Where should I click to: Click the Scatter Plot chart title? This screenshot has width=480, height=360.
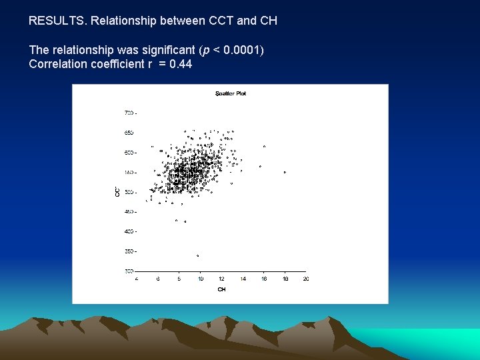pos(231,93)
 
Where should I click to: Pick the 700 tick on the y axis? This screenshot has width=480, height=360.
pos(129,113)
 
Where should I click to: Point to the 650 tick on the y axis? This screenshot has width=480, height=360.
pos(129,133)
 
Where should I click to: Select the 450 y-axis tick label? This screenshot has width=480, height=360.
pos(129,212)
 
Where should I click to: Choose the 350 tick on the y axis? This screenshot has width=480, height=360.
pos(129,251)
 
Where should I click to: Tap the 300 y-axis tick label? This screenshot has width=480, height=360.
pos(129,271)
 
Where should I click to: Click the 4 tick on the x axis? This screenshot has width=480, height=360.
pos(137,279)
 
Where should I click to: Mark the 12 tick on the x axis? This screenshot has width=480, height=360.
pos(221,279)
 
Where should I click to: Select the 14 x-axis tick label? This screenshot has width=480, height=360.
pos(243,279)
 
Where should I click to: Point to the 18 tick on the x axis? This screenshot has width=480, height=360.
pos(285,279)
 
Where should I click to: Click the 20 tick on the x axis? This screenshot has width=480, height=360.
pos(305,279)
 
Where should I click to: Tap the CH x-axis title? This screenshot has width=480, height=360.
pos(221,289)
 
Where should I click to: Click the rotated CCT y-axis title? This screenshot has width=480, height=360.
pos(117,191)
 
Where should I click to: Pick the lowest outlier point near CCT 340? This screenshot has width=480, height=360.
pos(198,255)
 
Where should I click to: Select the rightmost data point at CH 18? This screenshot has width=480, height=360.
pos(285,172)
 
